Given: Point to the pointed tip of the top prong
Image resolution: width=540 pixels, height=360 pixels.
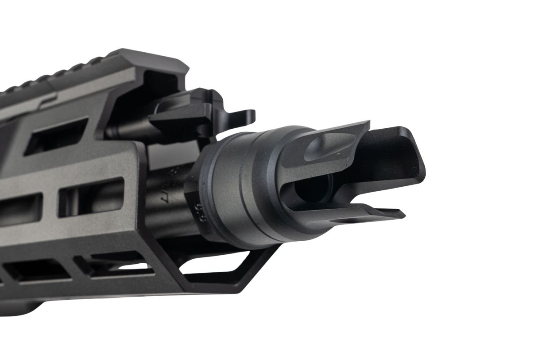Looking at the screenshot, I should click(366, 124).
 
